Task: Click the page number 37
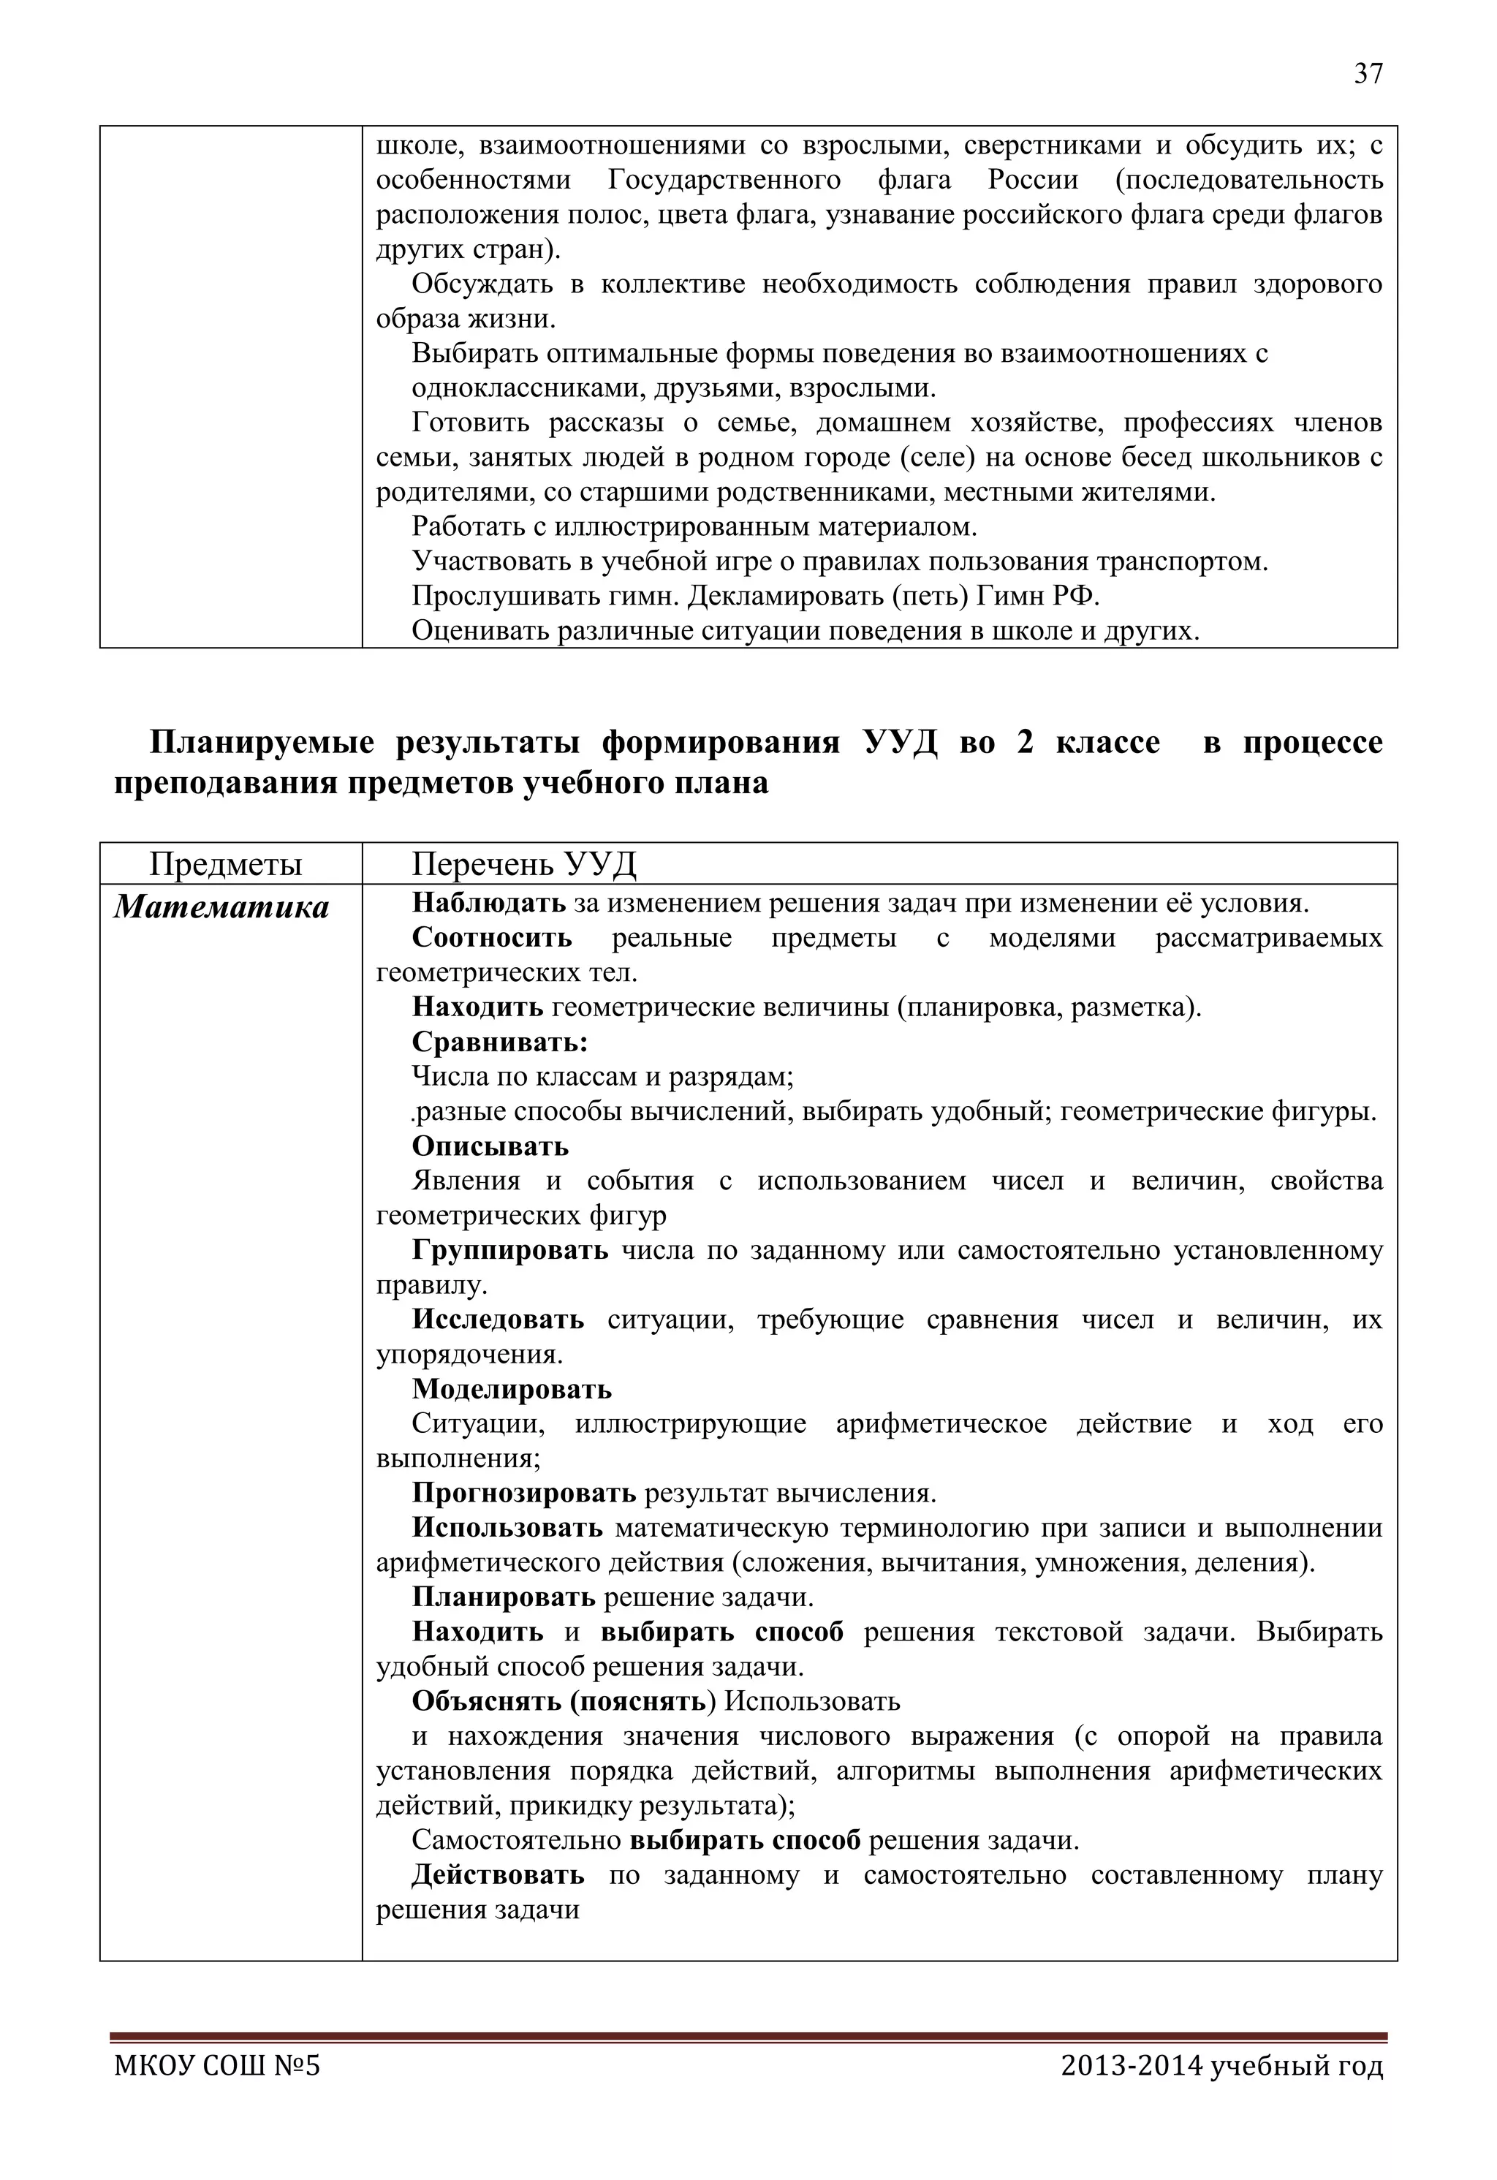[x=1368, y=74]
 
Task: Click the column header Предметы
[x=225, y=863]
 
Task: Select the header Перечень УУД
[x=523, y=863]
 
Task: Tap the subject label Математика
[x=222, y=907]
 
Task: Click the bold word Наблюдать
[x=489, y=904]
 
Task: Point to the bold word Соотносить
[x=491, y=938]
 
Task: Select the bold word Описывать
[x=490, y=1146]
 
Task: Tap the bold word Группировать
[x=510, y=1250]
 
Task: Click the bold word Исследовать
[x=497, y=1320]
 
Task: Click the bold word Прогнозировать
[x=523, y=1494]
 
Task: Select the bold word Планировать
[x=504, y=1597]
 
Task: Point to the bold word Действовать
[x=497, y=1875]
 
